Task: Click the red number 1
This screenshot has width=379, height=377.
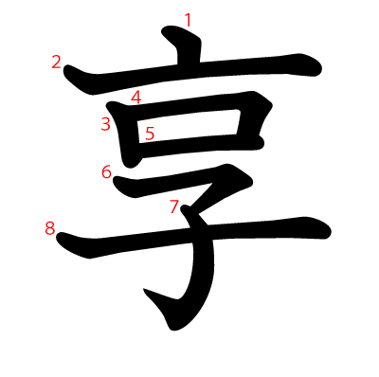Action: [x=188, y=19]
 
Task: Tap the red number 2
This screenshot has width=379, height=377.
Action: [x=56, y=63]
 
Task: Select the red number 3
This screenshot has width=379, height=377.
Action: [x=105, y=123]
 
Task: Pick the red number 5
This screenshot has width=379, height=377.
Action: [x=150, y=134]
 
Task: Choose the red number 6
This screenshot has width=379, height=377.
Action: [x=106, y=171]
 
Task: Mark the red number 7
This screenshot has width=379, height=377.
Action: [x=173, y=206]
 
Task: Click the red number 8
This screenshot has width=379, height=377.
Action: [x=49, y=227]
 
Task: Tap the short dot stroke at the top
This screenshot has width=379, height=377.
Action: [x=186, y=42]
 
